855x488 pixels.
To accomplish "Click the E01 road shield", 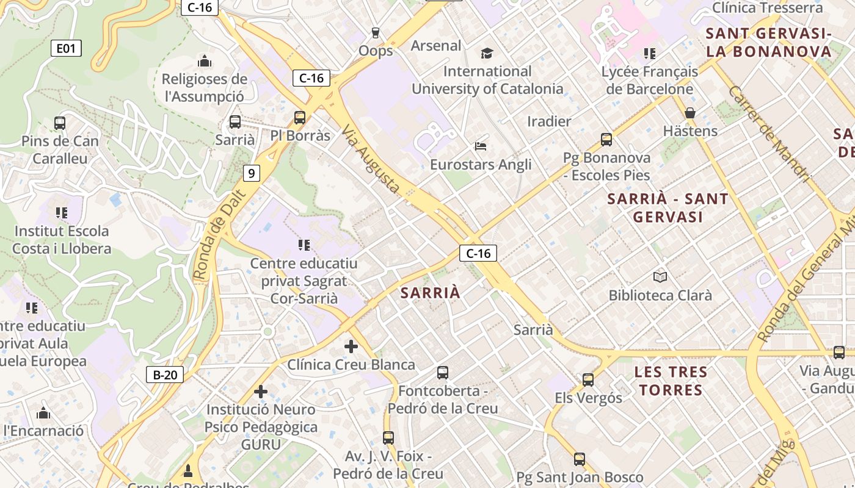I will (x=65, y=48).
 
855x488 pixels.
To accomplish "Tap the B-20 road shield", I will (x=165, y=375).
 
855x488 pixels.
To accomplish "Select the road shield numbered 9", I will (x=251, y=173).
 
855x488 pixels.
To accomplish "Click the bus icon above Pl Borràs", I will (x=299, y=118).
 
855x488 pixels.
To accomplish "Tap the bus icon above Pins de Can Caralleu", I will (x=60, y=123).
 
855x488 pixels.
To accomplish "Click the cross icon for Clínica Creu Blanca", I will (x=351, y=346).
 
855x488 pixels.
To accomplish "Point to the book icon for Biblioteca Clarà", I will (x=660, y=278).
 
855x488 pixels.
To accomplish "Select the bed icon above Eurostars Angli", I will (x=481, y=146).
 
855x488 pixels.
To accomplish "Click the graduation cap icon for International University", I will (x=487, y=54).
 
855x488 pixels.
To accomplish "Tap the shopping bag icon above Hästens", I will (x=690, y=113).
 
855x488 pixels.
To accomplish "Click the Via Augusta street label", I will (x=371, y=160).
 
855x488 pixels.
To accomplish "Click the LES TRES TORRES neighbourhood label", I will (x=671, y=381).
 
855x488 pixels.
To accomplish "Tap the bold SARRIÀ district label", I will (x=431, y=293).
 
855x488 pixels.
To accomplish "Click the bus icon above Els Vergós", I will (x=588, y=380).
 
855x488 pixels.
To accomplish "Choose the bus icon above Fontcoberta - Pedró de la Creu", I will (x=443, y=372).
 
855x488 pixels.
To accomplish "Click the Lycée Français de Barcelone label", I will (x=649, y=80).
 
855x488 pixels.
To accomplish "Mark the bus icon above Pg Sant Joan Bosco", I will (x=580, y=459).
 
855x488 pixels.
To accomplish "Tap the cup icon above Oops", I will (x=376, y=32).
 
